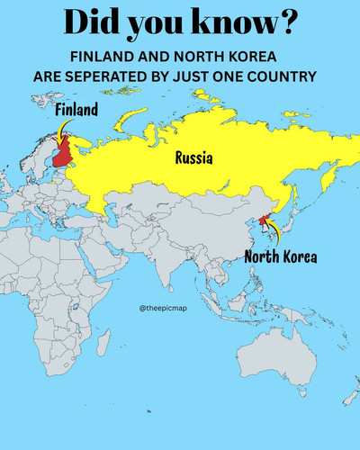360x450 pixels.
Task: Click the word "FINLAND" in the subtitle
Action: click(x=101, y=57)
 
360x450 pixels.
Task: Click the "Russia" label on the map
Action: click(x=193, y=159)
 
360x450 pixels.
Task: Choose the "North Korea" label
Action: click(x=281, y=257)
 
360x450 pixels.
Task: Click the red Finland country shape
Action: click(x=63, y=155)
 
